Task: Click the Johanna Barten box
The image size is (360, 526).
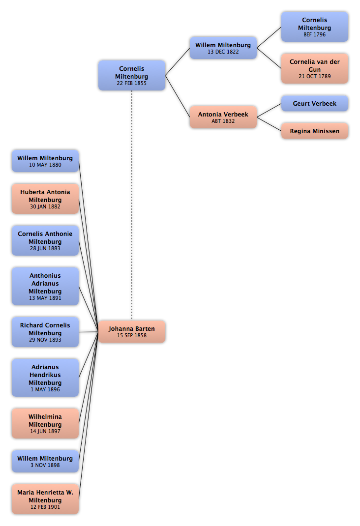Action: pyautogui.click(x=131, y=331)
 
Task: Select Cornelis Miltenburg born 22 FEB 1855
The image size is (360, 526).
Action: pyautogui.click(x=131, y=75)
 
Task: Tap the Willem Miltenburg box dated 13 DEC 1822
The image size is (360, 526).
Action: pyautogui.click(x=223, y=48)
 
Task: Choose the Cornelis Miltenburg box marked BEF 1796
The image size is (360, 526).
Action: pyautogui.click(x=314, y=27)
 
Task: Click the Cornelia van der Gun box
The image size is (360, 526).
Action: pyautogui.click(x=314, y=68)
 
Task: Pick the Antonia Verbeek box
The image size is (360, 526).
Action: pyautogui.click(x=223, y=117)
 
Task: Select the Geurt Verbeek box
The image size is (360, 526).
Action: pyautogui.click(x=314, y=103)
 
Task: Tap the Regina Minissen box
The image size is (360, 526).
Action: pyautogui.click(x=314, y=131)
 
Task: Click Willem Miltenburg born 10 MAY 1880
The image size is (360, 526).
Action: pyautogui.click(x=45, y=161)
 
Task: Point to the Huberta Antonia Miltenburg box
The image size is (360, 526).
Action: pyautogui.click(x=45, y=199)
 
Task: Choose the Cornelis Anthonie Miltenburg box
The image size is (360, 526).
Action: pyautogui.click(x=45, y=240)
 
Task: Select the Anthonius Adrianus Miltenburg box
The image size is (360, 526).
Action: pyautogui.click(x=45, y=286)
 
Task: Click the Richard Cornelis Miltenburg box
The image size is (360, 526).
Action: pyautogui.click(x=45, y=332)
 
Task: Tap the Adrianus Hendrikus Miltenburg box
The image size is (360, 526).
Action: pyautogui.click(x=45, y=378)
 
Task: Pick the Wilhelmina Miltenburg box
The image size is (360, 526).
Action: pyautogui.click(x=45, y=423)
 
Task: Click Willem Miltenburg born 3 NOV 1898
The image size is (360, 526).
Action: pyautogui.click(x=45, y=461)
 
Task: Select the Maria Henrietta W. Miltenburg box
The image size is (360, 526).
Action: pyautogui.click(x=45, y=499)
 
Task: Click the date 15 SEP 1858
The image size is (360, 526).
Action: pyautogui.click(x=131, y=335)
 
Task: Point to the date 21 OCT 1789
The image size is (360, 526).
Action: pyautogui.click(x=314, y=76)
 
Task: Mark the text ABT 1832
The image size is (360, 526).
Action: pyautogui.click(x=223, y=121)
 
